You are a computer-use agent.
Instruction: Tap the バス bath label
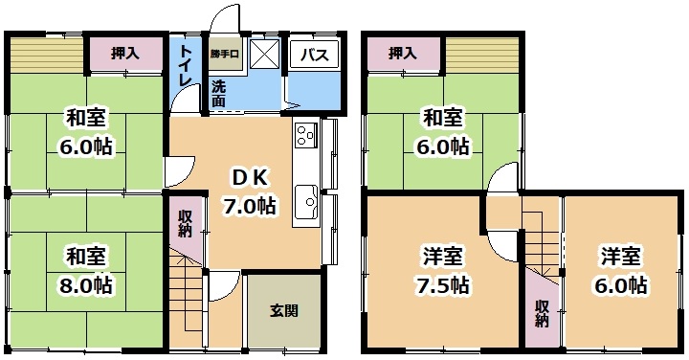(x=315, y=55)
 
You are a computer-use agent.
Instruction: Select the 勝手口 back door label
(x=224, y=55)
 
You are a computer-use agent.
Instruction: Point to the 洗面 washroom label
(x=218, y=94)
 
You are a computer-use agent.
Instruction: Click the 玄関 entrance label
(x=284, y=311)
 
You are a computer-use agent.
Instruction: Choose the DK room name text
(x=249, y=178)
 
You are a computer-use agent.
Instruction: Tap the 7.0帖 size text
(x=249, y=206)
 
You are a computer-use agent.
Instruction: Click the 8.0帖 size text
(x=86, y=285)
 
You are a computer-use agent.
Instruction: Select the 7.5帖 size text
(x=443, y=285)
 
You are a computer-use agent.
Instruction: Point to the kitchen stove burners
(x=306, y=134)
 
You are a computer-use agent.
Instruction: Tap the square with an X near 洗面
(x=265, y=54)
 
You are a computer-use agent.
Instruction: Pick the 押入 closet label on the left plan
(x=125, y=54)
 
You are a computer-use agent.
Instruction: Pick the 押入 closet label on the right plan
(x=402, y=54)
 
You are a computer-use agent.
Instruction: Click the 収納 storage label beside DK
(x=185, y=223)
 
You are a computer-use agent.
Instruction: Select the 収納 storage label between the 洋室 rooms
(x=542, y=313)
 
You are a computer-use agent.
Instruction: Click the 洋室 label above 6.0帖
(x=621, y=257)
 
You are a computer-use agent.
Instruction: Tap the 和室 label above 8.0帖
(x=86, y=257)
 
